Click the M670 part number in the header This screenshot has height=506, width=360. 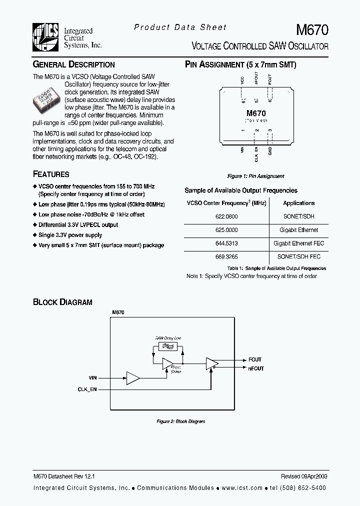312,29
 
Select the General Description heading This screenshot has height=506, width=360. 73,64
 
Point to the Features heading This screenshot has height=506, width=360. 51,174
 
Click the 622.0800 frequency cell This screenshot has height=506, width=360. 227,216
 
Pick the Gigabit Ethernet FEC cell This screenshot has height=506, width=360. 298,243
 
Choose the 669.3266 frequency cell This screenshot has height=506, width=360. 227,256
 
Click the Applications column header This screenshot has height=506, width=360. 298,203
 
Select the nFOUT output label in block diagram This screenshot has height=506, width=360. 256,368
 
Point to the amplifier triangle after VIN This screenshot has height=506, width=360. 132,378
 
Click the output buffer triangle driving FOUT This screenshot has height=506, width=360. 211,364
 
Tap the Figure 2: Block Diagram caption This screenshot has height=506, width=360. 181,421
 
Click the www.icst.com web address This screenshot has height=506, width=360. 242,488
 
